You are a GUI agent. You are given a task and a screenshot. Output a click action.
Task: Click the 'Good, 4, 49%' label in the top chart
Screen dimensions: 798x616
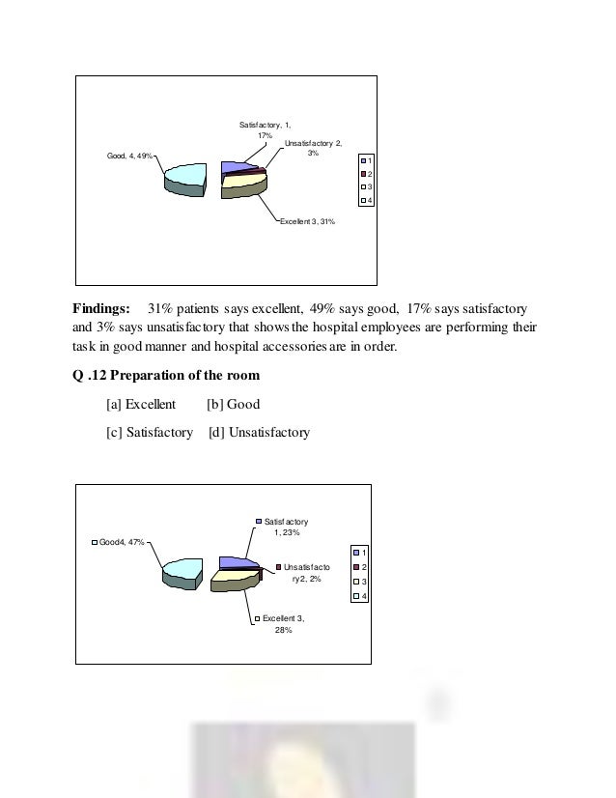pyautogui.click(x=127, y=156)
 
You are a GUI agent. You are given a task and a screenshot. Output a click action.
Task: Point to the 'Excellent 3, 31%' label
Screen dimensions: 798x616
pyautogui.click(x=307, y=221)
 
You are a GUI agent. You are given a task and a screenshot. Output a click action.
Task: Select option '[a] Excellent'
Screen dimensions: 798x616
pyautogui.click(x=141, y=405)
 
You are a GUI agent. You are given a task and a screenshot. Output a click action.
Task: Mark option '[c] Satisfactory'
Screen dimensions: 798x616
pyautogui.click(x=150, y=432)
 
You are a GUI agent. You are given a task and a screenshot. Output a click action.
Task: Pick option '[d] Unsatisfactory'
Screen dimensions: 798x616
pyautogui.click(x=259, y=432)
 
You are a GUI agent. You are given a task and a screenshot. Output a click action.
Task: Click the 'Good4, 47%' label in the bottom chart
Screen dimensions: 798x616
pyautogui.click(x=119, y=542)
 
